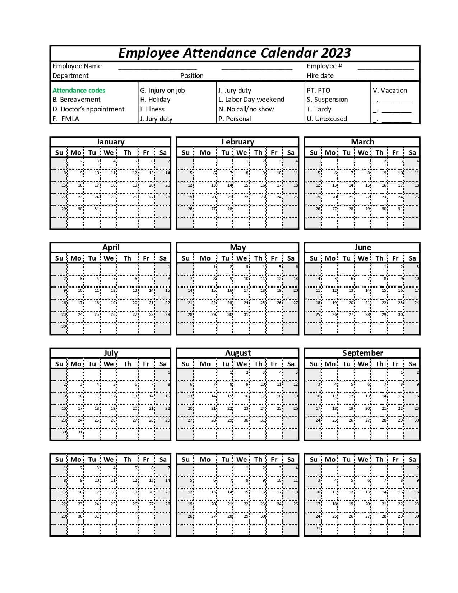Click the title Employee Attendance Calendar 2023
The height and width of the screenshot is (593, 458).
235,53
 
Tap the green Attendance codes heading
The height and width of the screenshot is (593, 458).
79,91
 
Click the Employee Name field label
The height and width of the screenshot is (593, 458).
77,66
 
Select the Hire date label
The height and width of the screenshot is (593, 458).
320,76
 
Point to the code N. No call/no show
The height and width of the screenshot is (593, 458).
246,109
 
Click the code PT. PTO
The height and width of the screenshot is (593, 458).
318,91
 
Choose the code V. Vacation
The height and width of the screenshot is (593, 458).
390,91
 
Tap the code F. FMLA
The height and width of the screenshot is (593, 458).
66,119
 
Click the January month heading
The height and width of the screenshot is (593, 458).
110,142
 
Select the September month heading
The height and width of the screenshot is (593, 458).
362,353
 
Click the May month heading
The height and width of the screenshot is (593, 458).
237,247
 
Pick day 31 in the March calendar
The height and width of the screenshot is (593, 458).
400,209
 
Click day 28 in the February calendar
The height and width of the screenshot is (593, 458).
230,209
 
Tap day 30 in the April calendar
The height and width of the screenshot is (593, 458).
64,326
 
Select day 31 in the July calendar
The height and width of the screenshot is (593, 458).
80,432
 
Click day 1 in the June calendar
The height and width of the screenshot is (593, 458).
385,267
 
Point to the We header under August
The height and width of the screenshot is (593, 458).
241,364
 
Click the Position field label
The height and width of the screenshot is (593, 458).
192,76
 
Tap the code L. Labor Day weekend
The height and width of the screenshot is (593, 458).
251,100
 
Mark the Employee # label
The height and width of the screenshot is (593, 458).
324,66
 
